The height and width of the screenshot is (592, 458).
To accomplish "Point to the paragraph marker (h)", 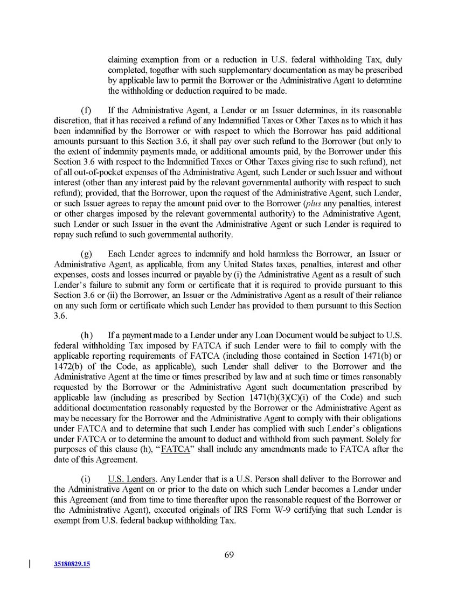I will [86, 335].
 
